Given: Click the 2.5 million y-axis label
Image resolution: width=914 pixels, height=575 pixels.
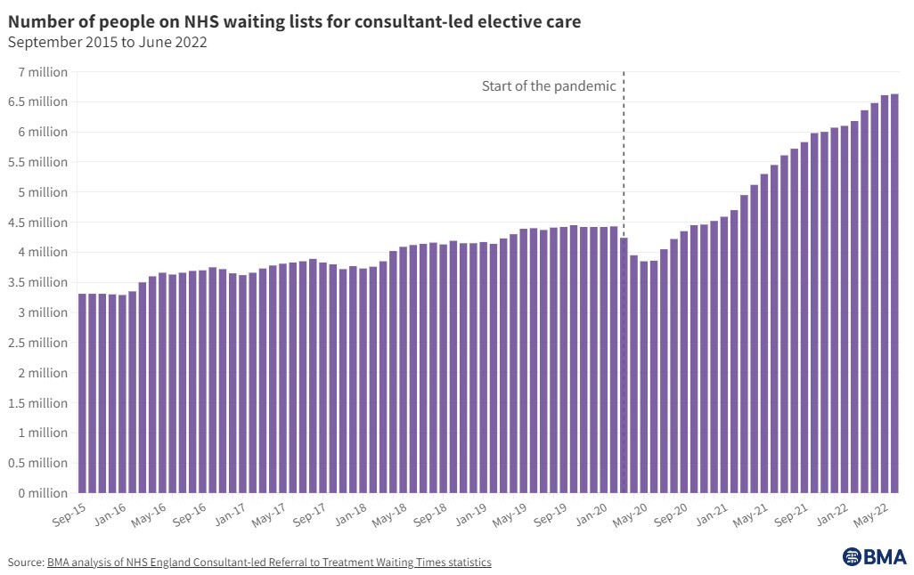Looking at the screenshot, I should click(37, 343).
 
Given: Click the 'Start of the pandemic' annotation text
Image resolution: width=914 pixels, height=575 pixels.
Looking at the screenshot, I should click(549, 86).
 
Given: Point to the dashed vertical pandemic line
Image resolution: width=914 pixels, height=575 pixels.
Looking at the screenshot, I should click(624, 160).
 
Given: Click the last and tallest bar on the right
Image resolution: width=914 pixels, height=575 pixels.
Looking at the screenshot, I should click(894, 294).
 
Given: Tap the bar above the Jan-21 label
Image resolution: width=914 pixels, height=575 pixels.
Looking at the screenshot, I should click(714, 356).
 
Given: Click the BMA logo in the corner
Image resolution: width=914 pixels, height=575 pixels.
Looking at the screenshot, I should click(874, 556).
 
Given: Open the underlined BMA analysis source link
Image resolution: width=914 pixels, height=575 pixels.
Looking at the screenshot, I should click(269, 563).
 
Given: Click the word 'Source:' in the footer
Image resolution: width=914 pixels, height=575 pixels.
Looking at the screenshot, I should click(26, 563).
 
